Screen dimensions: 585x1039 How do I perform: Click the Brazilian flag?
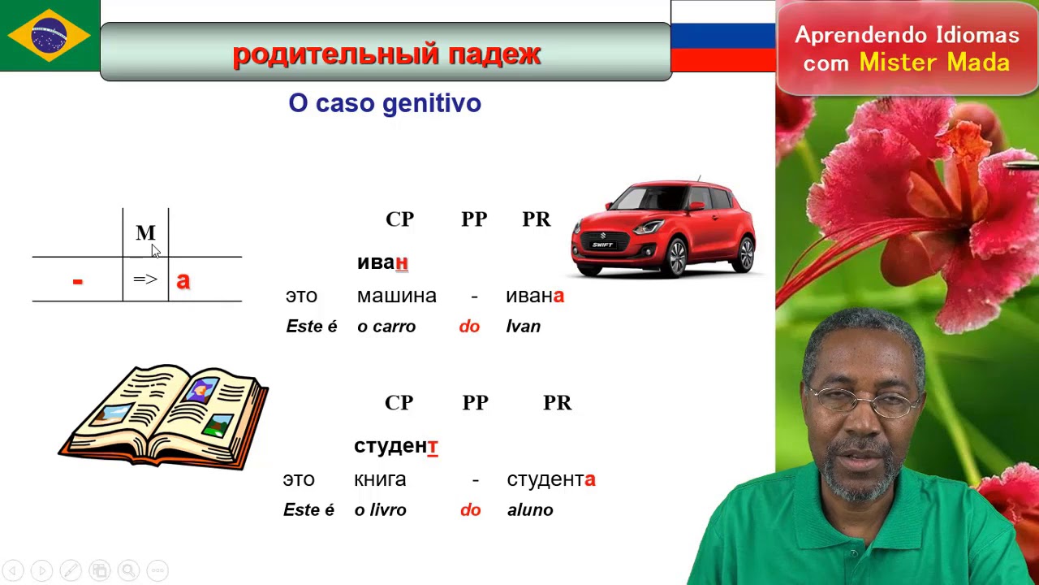point(50,36)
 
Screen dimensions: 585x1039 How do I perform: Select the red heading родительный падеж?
point(386,54)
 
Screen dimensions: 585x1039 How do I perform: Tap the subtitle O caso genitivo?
point(385,103)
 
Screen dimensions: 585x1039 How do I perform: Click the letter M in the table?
point(145,233)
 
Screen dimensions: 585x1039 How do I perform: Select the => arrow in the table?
point(145,279)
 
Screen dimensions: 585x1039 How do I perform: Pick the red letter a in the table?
point(183,280)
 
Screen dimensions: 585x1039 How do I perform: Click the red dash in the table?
point(77,281)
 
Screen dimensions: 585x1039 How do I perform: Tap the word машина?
point(396,296)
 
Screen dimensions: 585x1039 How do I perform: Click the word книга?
point(380,479)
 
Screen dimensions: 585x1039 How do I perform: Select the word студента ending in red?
point(550,479)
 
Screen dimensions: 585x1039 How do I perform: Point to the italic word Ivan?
point(523,327)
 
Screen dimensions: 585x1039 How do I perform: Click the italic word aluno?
point(530,510)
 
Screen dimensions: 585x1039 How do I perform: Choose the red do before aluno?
point(470,510)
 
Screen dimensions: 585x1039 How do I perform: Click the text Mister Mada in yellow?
point(934,63)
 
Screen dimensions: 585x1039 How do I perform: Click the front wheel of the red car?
point(675,258)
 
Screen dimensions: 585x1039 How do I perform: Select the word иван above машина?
point(382,262)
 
